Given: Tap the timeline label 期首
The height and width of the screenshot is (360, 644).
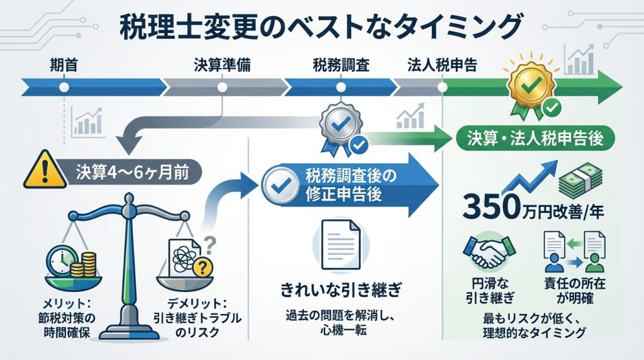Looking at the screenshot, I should coord(63,64).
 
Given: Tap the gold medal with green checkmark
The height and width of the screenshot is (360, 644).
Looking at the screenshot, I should coord(530,84).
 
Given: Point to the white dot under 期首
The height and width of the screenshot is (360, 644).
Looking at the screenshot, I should coord(63,87).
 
